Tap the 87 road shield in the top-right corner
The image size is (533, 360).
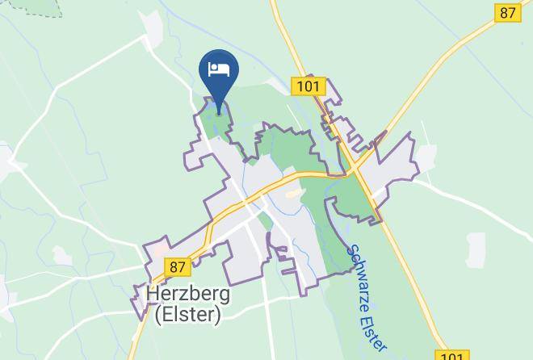click(x=506, y=12)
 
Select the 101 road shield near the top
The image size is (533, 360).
click(x=308, y=86)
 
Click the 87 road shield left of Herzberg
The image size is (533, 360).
click(x=178, y=266)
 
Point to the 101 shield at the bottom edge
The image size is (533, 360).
click(x=451, y=355)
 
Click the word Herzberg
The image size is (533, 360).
click(x=188, y=295)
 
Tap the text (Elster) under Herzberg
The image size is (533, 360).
click(x=187, y=315)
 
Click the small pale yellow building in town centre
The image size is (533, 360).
click(x=292, y=194)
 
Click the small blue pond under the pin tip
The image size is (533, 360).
click(x=215, y=106)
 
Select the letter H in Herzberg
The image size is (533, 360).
click(x=153, y=295)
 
